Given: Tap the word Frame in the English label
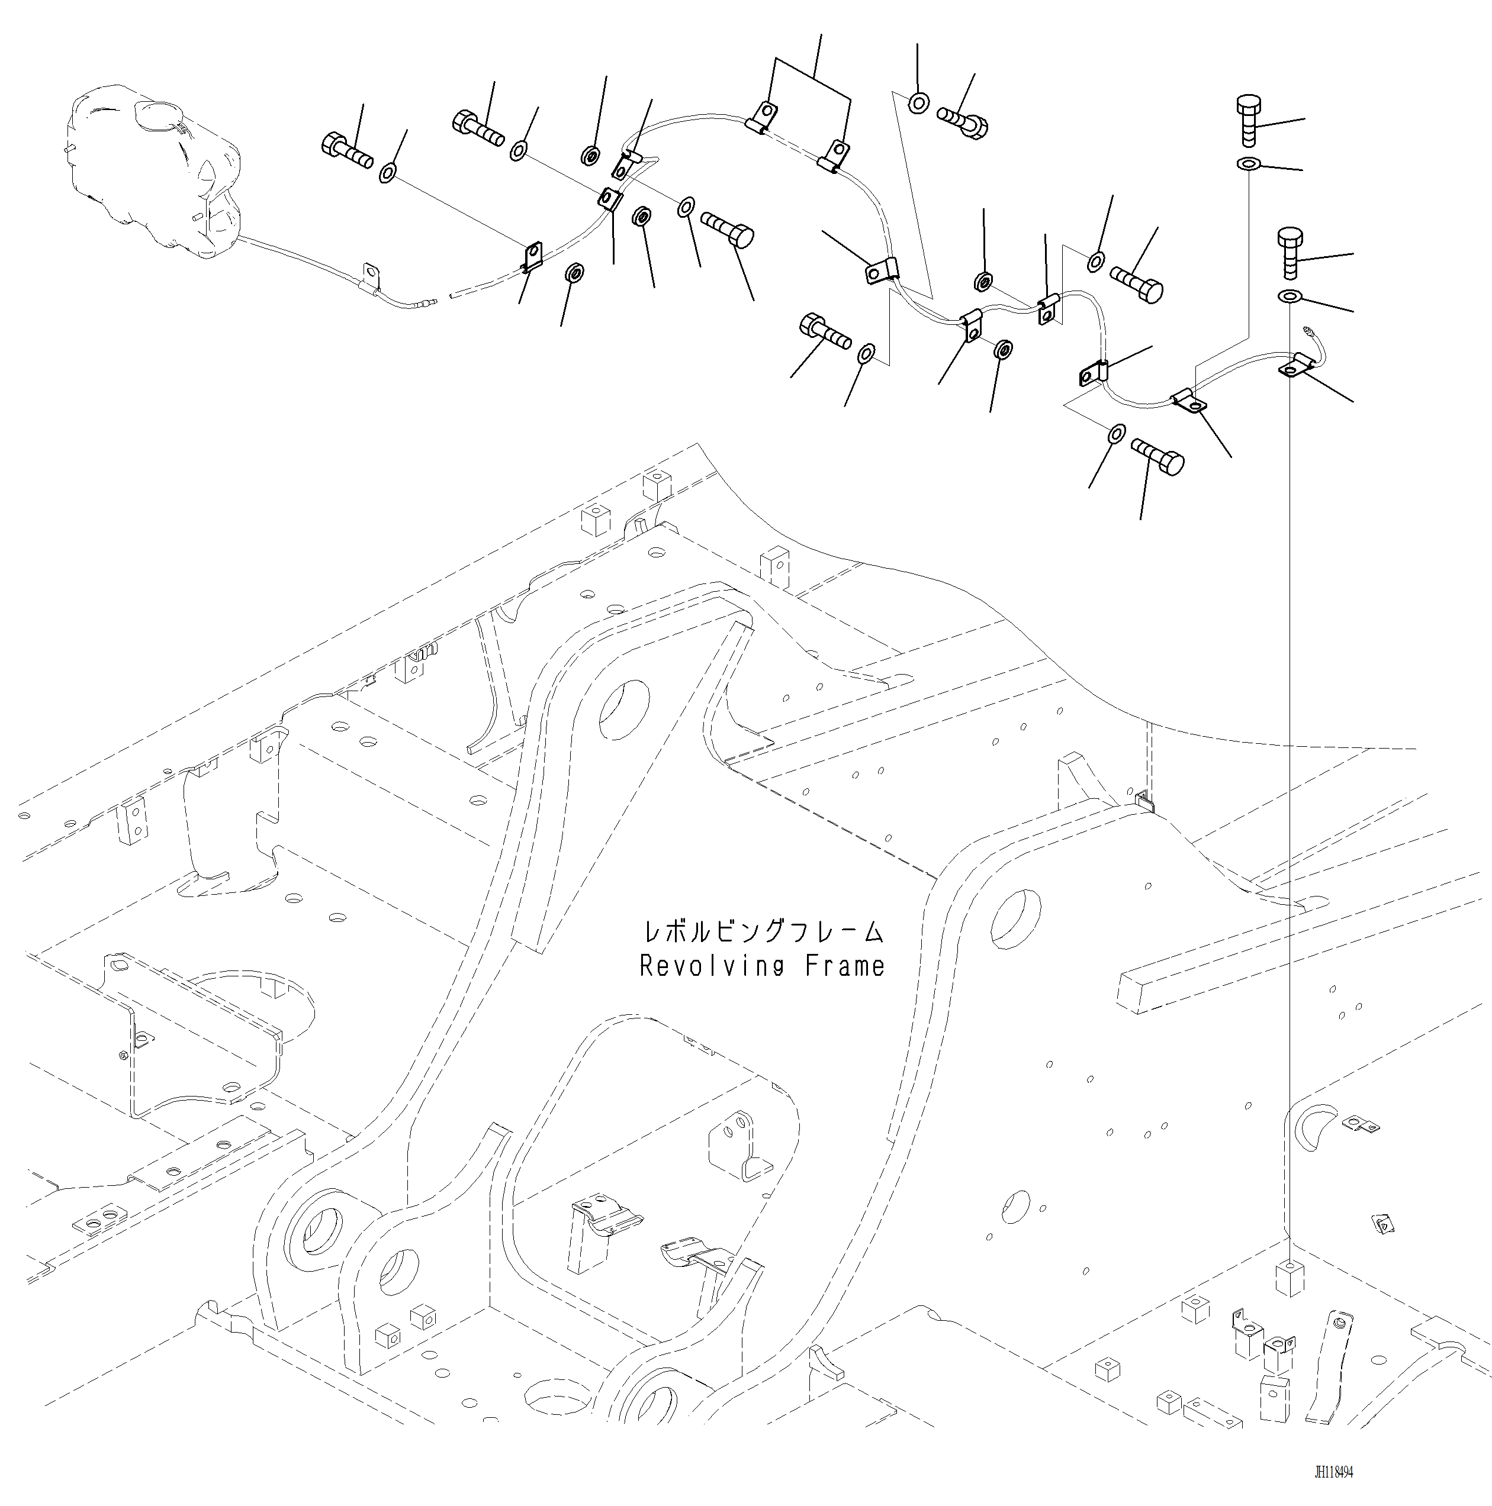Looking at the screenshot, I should [x=845, y=966].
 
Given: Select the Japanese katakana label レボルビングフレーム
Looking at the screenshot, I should [x=762, y=931].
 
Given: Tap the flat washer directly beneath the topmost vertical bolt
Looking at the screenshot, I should [x=1249, y=164].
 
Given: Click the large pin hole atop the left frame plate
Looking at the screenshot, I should [x=623, y=708].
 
